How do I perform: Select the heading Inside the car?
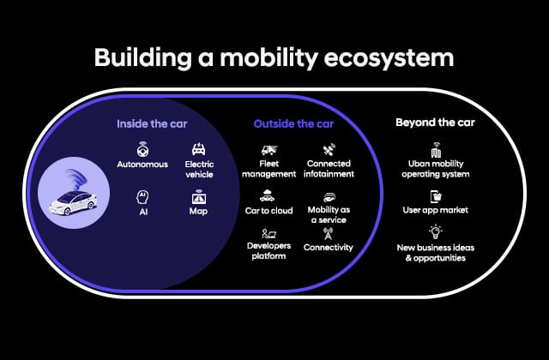152,123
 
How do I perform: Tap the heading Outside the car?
293,123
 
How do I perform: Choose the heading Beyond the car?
435,123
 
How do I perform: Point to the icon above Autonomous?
142,148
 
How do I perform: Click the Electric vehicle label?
199,170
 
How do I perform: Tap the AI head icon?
142,196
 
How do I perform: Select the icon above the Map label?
199,196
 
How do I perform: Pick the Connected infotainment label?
329,170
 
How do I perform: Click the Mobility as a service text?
329,213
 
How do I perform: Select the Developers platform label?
269,251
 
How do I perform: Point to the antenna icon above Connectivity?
328,234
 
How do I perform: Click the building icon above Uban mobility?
434,150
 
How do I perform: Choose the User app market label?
434,209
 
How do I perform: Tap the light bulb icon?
434,231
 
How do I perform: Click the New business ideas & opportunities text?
434,253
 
